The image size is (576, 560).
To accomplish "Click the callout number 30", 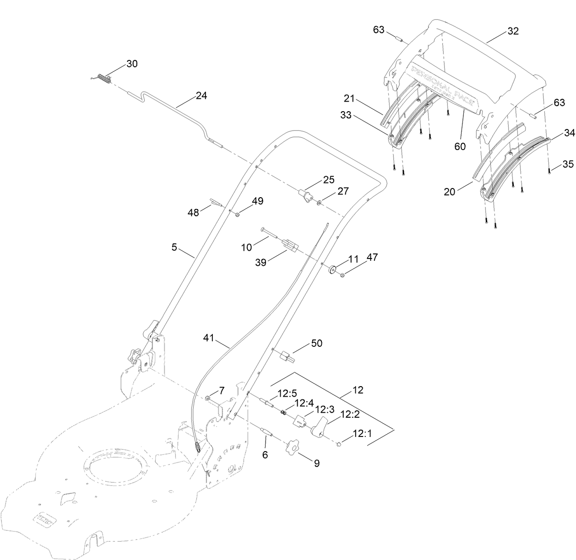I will (132, 64).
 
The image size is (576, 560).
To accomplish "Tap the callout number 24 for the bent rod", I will (201, 96).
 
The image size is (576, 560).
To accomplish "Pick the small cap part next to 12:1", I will (339, 443).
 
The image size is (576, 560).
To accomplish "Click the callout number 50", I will (317, 343).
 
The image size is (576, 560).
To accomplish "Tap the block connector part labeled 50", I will (285, 355).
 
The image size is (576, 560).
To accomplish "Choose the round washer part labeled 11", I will (333, 269).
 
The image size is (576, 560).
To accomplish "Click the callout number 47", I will (372, 257).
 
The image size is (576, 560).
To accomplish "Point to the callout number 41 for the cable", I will (209, 338).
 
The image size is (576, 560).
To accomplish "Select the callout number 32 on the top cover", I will (513, 31).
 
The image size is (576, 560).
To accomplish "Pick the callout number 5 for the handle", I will (174, 248).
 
